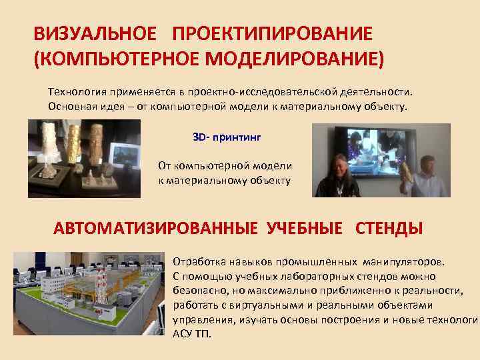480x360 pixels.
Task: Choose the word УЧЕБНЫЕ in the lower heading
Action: [305, 229]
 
